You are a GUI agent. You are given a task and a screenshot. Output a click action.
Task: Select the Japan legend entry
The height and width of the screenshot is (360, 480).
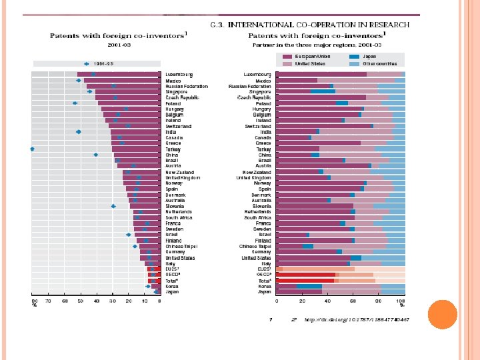369,57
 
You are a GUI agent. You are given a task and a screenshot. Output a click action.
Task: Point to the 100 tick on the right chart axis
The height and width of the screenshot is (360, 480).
401,301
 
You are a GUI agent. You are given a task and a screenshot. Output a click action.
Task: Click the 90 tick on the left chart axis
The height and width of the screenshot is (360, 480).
34,301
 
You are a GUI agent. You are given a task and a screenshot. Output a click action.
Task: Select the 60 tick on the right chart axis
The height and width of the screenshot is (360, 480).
351,301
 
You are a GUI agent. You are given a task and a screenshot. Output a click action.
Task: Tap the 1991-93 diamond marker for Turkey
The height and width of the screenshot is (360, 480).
32,149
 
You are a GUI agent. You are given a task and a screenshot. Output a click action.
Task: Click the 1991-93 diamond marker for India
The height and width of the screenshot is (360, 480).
79,132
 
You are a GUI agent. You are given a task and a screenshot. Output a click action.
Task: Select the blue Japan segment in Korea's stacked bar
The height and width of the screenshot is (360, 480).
309,286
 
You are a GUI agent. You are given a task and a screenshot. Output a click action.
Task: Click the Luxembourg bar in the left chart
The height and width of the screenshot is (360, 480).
119,74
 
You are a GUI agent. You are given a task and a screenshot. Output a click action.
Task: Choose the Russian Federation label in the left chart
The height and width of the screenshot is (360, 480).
187,86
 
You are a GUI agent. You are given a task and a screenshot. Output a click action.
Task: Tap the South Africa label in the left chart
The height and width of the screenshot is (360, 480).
179,217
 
